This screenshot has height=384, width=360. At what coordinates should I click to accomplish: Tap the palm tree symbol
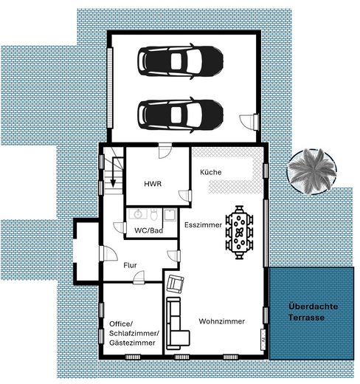[312, 170]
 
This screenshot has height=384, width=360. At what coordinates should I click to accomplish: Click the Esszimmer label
[204, 224]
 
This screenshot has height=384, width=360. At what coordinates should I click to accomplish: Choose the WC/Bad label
[148, 230]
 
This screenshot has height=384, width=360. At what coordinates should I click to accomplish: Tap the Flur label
[130, 264]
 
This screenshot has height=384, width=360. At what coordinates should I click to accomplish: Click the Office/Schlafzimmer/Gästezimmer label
[131, 334]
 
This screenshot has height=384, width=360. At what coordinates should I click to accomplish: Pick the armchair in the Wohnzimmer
[176, 283]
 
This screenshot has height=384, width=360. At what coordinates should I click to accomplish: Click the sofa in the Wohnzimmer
[175, 323]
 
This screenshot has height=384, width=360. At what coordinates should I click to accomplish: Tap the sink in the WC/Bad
[136, 215]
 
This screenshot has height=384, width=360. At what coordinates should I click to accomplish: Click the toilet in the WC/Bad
[153, 215]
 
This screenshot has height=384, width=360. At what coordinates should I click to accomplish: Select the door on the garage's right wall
[253, 118]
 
